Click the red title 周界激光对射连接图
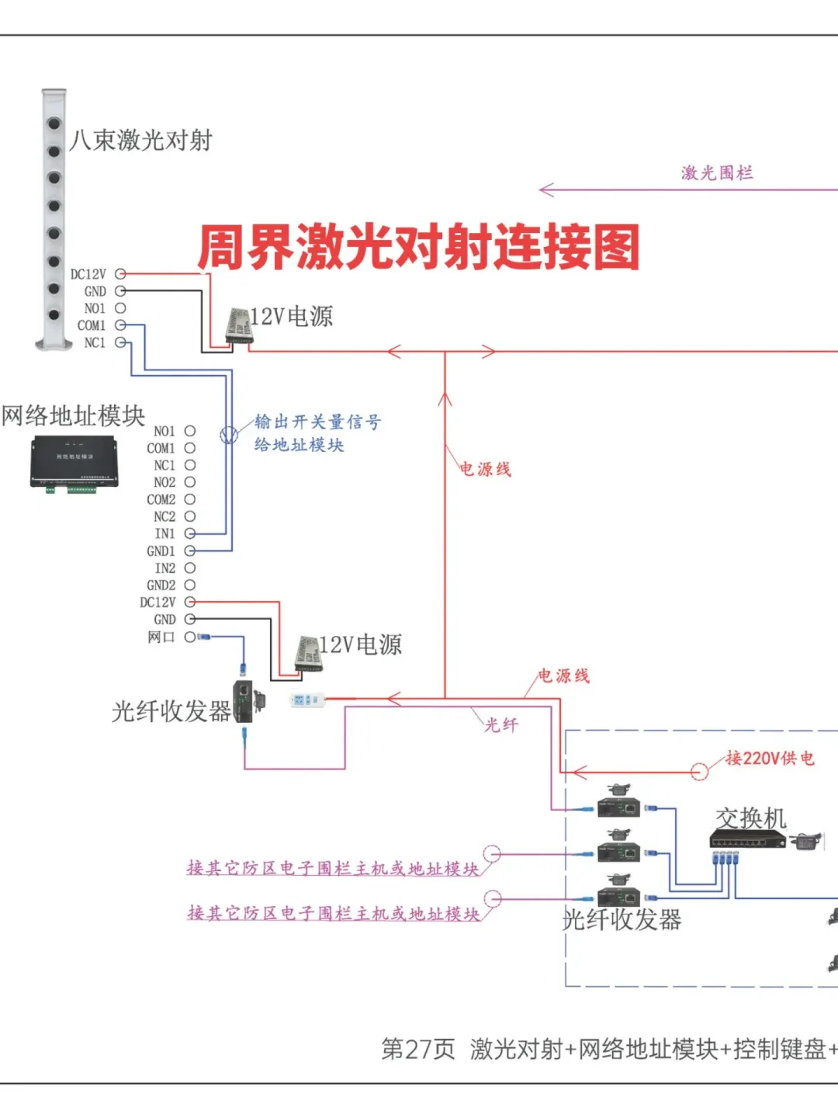click(418, 248)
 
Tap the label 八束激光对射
click(140, 141)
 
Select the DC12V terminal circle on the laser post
click(120, 274)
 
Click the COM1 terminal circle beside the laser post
click(120, 325)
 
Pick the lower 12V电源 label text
click(361, 644)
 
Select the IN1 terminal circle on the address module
click(190, 533)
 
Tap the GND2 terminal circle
click(190, 585)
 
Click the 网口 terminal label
click(161, 637)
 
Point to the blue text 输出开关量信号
click(318, 422)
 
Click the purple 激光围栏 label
click(717, 172)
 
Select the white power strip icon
click(306, 700)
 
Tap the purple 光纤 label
click(501, 724)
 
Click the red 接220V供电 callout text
click(770, 758)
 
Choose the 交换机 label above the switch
click(750, 818)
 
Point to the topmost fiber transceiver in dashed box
click(618, 804)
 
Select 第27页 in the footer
click(417, 1049)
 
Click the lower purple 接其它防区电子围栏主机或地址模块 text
click(333, 913)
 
